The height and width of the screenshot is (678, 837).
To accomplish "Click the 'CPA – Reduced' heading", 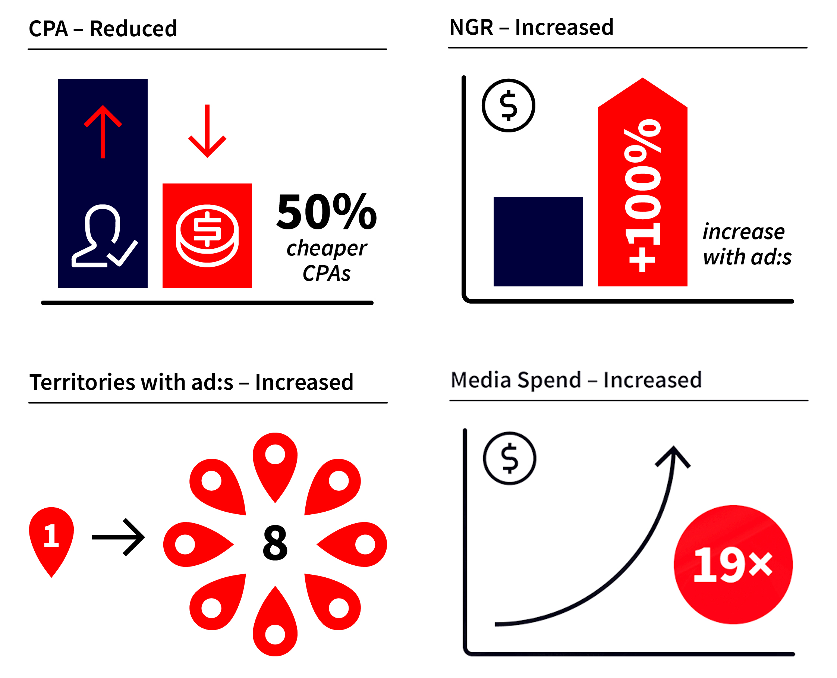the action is click(103, 28).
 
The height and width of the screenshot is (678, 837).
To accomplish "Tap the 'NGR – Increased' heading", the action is click(531, 27).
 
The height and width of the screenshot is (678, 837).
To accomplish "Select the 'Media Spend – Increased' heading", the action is click(576, 380).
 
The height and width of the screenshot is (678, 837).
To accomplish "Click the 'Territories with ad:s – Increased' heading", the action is click(191, 382).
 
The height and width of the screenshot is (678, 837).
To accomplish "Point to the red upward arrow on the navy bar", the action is click(103, 131).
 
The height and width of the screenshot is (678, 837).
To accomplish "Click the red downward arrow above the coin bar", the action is click(207, 131).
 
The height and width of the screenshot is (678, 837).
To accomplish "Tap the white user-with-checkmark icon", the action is click(104, 236).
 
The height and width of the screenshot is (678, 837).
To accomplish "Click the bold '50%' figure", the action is click(327, 212).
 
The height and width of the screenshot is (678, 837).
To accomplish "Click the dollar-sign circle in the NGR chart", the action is click(508, 106).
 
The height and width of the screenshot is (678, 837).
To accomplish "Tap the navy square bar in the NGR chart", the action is click(538, 241).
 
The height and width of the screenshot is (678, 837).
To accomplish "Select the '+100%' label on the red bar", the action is click(643, 195).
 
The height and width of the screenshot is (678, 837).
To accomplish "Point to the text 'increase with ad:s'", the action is click(747, 245).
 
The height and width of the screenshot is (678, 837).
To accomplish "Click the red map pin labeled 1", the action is click(51, 542).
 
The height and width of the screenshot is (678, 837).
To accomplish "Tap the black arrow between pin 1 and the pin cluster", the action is click(118, 537).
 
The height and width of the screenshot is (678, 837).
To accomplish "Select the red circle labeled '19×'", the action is click(733, 565).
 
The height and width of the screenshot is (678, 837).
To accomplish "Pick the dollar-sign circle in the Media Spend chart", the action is click(509, 458).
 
